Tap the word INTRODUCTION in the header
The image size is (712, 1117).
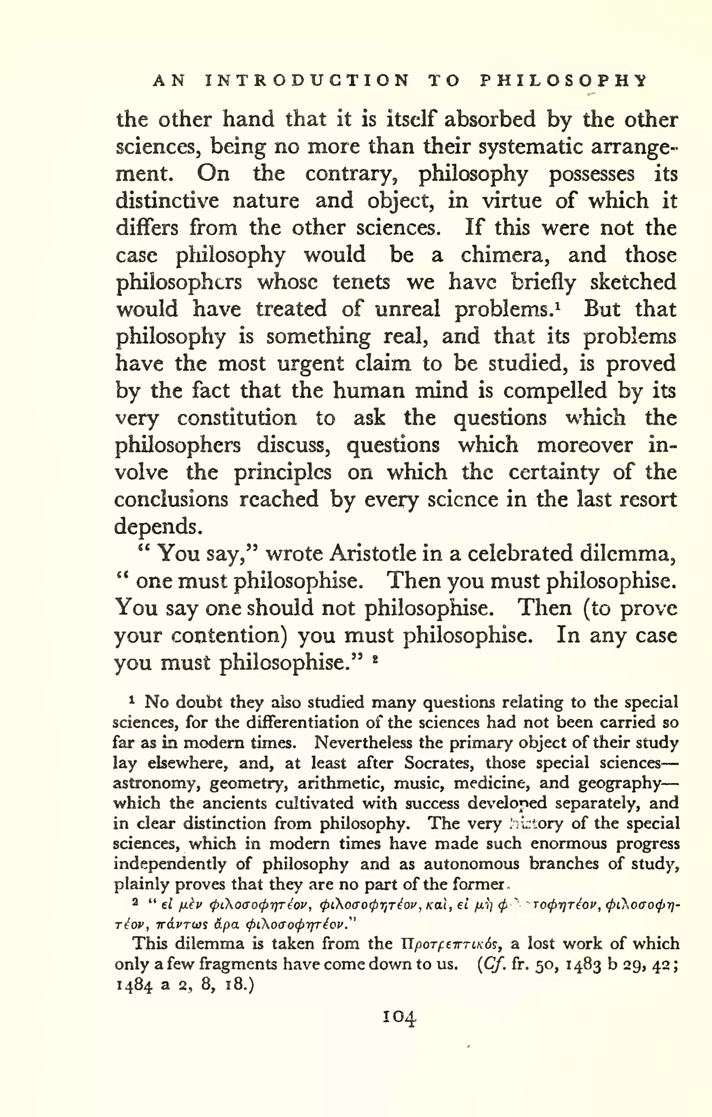pos(307,81)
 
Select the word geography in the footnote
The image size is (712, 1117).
pos(619,783)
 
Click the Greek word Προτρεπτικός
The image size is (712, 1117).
pos(451,944)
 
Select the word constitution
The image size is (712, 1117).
pos(237,418)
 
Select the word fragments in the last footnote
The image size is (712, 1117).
pos(238,964)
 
